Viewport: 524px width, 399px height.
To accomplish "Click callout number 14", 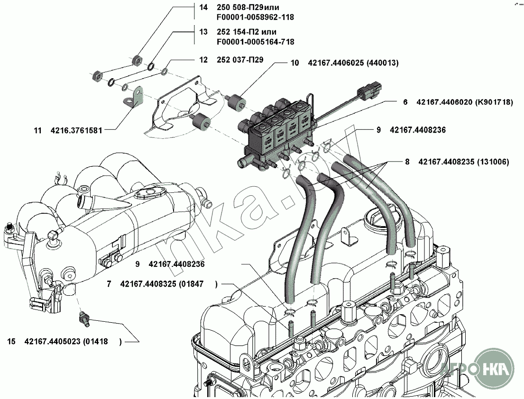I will click(203, 8).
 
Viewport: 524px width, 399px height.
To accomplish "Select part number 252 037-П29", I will click(239, 60).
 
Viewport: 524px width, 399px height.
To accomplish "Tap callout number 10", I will click(294, 63).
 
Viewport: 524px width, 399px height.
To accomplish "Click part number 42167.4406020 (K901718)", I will click(465, 102).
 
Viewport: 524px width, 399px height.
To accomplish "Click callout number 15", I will click(12, 341).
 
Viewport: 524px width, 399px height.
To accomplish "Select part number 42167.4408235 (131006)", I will click(464, 162).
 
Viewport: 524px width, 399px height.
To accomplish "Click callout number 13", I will click(203, 32).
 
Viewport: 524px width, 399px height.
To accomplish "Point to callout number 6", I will click(405, 102).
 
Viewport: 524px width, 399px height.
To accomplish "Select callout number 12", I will click(203, 60).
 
